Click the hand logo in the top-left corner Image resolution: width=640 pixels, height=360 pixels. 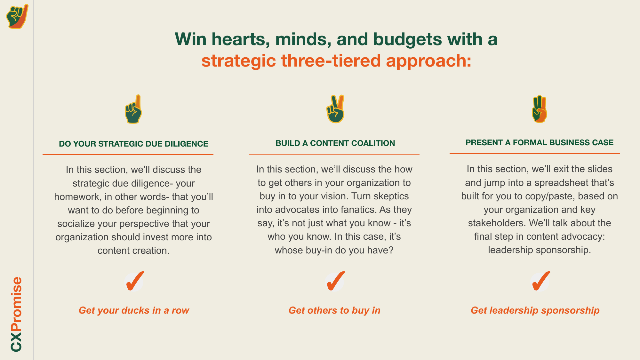tap(17, 17)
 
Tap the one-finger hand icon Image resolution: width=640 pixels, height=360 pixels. tap(133, 109)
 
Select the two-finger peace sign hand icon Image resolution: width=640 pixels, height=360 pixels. tap(335, 109)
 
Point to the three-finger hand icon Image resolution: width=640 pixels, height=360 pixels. tap(540, 109)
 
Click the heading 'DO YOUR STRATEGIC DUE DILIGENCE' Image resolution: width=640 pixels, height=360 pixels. tap(133, 144)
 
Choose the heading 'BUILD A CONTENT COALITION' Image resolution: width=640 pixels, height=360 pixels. tap(335, 143)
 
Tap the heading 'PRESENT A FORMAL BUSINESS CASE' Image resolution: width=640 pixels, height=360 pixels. tap(539, 142)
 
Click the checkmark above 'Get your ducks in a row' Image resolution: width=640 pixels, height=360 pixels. tap(134, 281)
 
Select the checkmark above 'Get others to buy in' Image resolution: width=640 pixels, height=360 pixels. tap(335, 281)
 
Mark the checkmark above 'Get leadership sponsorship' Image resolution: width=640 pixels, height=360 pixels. tap(540, 281)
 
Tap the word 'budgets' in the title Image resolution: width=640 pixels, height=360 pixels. tap(407, 39)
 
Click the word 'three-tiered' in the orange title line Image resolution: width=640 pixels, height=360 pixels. tap(331, 60)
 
